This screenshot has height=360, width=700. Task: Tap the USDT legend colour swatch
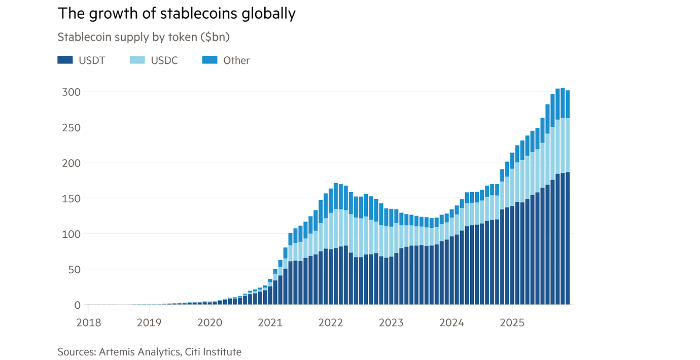(x=65, y=60)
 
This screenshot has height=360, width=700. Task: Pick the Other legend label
(x=236, y=60)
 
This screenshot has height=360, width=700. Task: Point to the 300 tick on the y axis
(x=70, y=92)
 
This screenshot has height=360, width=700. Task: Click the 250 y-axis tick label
(x=70, y=128)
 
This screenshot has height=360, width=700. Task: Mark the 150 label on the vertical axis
(x=70, y=199)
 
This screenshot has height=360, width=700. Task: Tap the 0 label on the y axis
(x=77, y=305)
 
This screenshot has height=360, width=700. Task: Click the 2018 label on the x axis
(x=89, y=322)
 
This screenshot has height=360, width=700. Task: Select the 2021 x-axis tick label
(x=270, y=322)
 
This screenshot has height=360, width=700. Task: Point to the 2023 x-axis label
(x=391, y=322)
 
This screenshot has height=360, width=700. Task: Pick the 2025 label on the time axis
(x=512, y=322)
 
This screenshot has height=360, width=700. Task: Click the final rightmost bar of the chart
(x=568, y=198)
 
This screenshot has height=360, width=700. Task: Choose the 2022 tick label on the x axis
(x=330, y=322)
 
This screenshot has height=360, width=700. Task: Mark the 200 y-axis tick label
(x=70, y=163)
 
